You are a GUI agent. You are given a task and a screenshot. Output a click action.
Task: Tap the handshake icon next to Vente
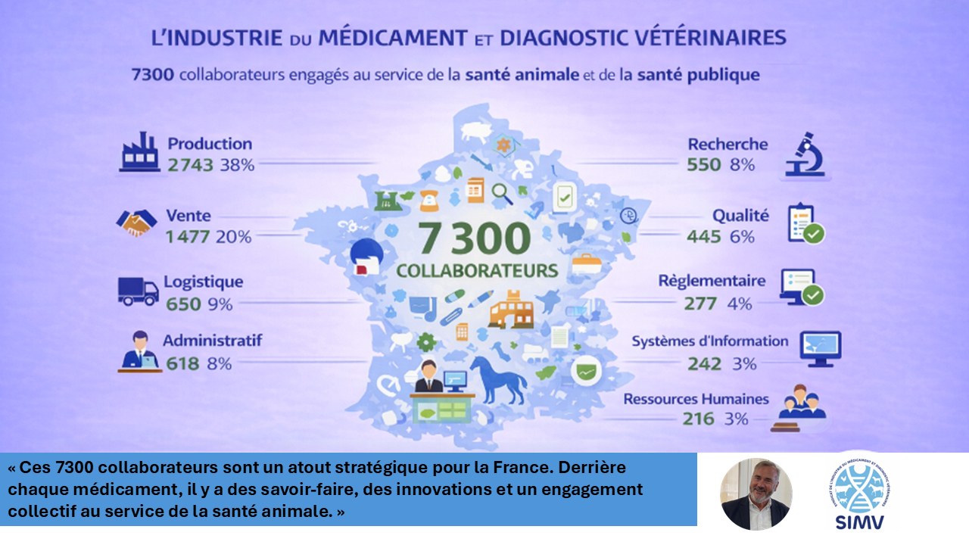pos(136,223)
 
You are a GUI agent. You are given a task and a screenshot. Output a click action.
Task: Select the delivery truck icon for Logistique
pos(138,291)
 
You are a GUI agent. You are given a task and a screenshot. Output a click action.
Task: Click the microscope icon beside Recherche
pos(805,154)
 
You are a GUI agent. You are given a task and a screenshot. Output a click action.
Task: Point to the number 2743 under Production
pos(191,165)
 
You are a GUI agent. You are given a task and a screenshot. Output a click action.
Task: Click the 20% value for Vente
pos(233,237)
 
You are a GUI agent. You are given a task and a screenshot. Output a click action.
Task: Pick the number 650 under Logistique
pos(184,304)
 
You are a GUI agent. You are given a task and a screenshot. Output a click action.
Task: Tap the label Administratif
pos(212,341)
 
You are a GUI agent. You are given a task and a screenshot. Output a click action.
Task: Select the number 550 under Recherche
pos(703,164)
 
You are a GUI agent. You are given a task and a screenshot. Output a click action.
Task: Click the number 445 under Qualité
pos(703,237)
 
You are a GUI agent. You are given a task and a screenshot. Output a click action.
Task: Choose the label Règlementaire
pos(712,281)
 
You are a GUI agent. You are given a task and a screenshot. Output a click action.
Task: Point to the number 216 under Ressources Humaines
pos(698,419)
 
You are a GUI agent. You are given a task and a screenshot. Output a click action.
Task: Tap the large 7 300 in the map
pos(474,239)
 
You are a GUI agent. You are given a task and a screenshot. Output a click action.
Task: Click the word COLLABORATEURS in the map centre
pos(477,270)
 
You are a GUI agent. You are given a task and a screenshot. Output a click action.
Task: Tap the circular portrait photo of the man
pos(756,494)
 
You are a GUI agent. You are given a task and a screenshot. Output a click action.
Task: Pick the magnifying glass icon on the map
pos(502,194)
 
